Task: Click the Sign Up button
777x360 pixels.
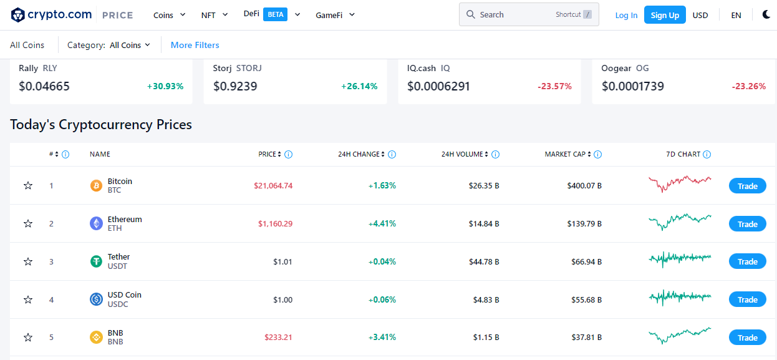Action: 665,15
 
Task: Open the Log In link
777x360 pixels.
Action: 626,15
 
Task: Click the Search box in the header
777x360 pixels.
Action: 528,14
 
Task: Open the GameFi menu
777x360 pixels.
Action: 335,15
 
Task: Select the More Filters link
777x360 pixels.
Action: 195,45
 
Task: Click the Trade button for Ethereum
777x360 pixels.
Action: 747,224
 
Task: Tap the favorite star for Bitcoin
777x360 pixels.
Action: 28,186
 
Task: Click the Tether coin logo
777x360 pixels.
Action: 96,261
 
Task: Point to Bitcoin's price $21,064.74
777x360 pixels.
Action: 273,186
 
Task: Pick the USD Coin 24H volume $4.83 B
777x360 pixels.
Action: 484,300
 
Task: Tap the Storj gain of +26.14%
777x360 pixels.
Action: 359,87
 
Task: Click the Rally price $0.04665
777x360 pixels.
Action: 44,87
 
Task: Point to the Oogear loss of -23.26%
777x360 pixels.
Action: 748,87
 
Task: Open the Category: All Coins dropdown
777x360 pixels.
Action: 109,45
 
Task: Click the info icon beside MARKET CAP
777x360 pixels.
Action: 597,154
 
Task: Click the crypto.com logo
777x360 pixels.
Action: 51,15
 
